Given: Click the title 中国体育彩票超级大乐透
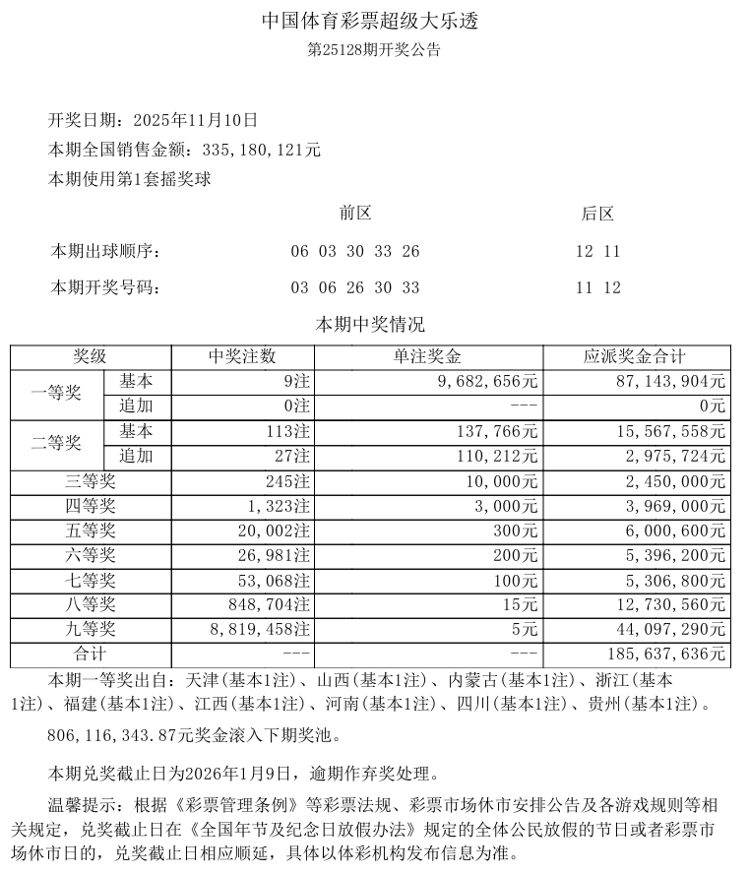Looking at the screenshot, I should [x=373, y=21].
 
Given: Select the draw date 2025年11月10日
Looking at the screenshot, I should [x=192, y=120].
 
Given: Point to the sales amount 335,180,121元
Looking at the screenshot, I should [x=260, y=150].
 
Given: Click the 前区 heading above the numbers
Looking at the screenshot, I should [x=355, y=214].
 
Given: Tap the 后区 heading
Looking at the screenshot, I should [x=597, y=214].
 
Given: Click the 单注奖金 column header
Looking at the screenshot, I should [x=427, y=356].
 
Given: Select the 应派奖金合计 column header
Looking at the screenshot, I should [x=635, y=356].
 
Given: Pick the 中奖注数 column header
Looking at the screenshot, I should [x=242, y=356].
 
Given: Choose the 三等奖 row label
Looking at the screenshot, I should [x=91, y=481].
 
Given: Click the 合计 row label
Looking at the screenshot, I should [x=91, y=654].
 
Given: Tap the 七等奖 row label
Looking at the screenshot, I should [x=91, y=580].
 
